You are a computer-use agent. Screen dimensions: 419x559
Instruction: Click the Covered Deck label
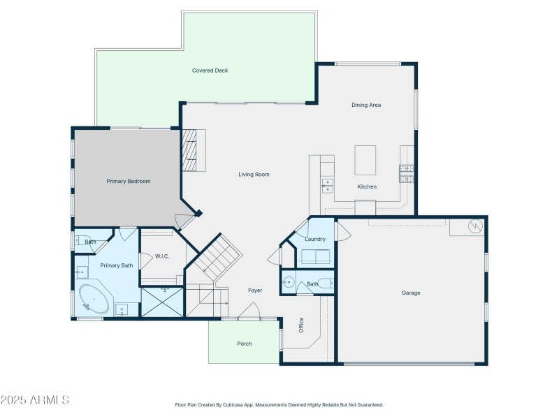210,71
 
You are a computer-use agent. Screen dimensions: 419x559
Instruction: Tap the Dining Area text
365,105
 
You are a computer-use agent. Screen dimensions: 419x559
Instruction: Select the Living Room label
254,175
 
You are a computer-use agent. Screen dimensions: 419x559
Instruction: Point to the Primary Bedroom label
128,182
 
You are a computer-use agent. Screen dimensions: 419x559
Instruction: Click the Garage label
411,293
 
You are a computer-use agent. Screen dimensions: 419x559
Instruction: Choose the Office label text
301,325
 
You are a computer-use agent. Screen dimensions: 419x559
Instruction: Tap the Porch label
245,344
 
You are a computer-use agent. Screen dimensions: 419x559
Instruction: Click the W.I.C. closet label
162,256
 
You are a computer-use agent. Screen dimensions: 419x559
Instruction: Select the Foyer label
255,291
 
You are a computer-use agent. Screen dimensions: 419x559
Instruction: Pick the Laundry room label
315,240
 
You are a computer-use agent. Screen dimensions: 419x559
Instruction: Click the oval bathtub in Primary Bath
94,300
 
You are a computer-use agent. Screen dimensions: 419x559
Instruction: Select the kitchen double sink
327,184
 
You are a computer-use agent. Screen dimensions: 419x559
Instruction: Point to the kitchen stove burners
406,172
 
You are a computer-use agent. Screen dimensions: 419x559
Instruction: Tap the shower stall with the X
162,302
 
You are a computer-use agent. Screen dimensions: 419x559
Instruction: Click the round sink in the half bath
288,283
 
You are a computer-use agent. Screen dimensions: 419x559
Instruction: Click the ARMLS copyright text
35,400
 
